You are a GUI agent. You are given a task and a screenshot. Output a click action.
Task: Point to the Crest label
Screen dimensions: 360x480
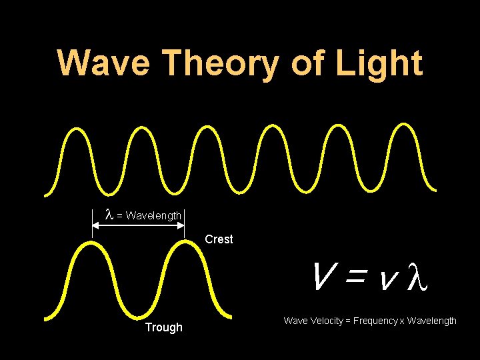[x=219, y=239]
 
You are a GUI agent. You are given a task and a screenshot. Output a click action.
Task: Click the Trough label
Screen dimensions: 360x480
[x=163, y=327]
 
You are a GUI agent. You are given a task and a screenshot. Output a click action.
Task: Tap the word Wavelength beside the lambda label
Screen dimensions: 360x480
[x=153, y=215]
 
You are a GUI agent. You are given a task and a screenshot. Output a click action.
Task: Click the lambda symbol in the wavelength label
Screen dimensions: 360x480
[x=109, y=215]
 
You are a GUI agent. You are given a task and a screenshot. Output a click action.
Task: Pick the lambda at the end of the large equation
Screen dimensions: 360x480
[x=414, y=277]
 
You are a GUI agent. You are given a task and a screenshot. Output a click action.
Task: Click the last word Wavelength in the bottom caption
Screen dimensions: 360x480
[x=432, y=321]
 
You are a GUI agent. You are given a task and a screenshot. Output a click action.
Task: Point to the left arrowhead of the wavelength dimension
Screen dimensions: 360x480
[x=95, y=226]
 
